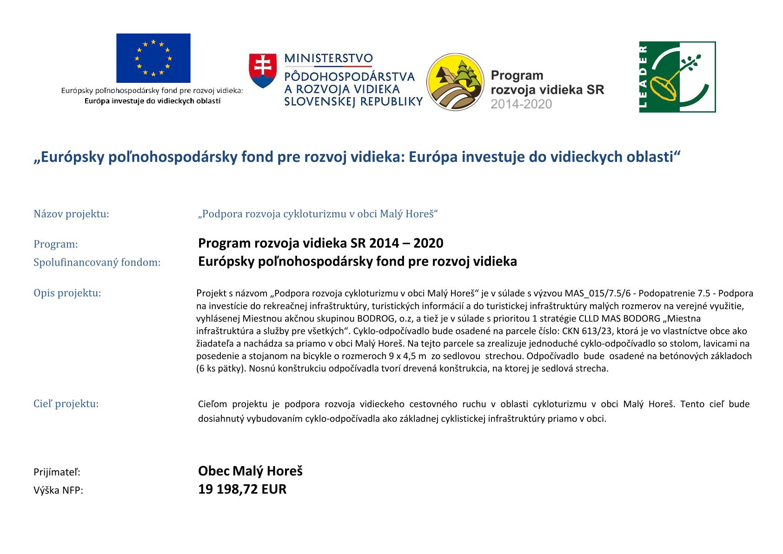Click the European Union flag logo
coord(153,58)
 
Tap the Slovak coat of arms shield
coord(263,70)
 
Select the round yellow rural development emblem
coord(455,82)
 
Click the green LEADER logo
coord(677,77)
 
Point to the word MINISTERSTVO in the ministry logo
coord(328,59)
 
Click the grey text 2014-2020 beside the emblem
coord(521,104)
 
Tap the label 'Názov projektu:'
coord(71,214)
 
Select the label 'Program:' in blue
coord(56,244)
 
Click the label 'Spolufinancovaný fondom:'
coord(97,262)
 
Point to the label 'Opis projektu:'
coord(67,293)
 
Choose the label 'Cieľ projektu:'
coord(66,404)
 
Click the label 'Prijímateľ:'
coord(57,472)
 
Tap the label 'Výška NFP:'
coord(58,490)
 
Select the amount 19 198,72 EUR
coord(242,489)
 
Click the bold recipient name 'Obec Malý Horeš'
coord(250,471)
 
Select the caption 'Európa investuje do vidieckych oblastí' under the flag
coord(153,101)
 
